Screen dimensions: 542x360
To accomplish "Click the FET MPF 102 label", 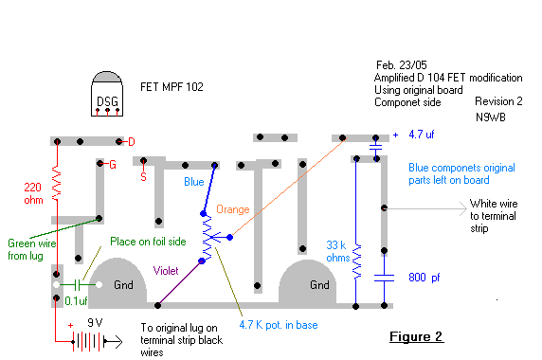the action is click(x=172, y=87).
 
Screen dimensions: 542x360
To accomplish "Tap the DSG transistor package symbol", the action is click(x=107, y=94).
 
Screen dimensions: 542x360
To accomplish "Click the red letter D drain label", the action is click(x=132, y=142).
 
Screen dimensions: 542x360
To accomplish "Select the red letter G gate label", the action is click(x=113, y=165).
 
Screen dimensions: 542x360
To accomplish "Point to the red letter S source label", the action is click(x=143, y=177).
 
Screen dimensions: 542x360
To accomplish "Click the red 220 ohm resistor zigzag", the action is click(x=56, y=183).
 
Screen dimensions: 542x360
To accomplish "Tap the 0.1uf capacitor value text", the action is click(x=76, y=301).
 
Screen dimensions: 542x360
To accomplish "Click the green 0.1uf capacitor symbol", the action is click(x=78, y=285).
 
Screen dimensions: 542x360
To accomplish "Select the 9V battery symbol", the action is click(x=88, y=342).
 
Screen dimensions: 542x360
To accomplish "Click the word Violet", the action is click(x=166, y=271).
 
